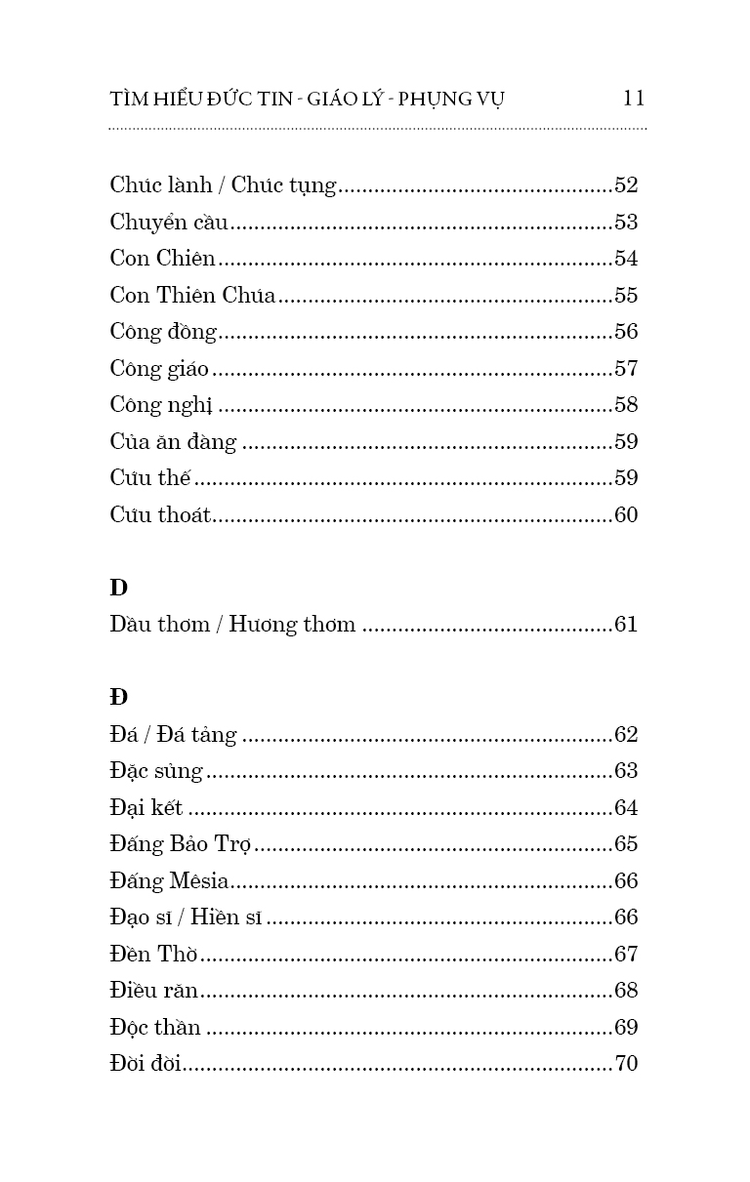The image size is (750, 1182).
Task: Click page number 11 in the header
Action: [633, 98]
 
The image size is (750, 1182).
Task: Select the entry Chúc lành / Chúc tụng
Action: [223, 185]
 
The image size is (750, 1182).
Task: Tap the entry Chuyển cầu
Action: [169, 223]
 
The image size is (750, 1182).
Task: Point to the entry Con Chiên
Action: [162, 259]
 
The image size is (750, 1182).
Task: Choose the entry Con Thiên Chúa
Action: [192, 296]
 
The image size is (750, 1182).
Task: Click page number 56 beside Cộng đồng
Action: [626, 332]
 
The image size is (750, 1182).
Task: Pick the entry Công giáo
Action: [159, 369]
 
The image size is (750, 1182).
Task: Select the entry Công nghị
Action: [161, 405]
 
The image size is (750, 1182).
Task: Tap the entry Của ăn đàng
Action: [173, 442]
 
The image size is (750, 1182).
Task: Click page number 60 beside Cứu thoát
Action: [626, 515]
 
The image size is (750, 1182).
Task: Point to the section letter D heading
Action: [118, 588]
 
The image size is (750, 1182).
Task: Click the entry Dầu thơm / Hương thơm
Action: [232, 625]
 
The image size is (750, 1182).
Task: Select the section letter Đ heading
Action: [118, 698]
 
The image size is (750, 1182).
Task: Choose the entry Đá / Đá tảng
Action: [173, 735]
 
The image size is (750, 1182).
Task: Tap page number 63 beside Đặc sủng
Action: [626, 771]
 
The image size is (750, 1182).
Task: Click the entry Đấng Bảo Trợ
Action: [182, 844]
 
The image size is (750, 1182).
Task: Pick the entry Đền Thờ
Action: [154, 955]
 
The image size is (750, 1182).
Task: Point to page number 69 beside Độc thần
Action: [626, 1028]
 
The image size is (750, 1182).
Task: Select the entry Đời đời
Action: [146, 1064]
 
